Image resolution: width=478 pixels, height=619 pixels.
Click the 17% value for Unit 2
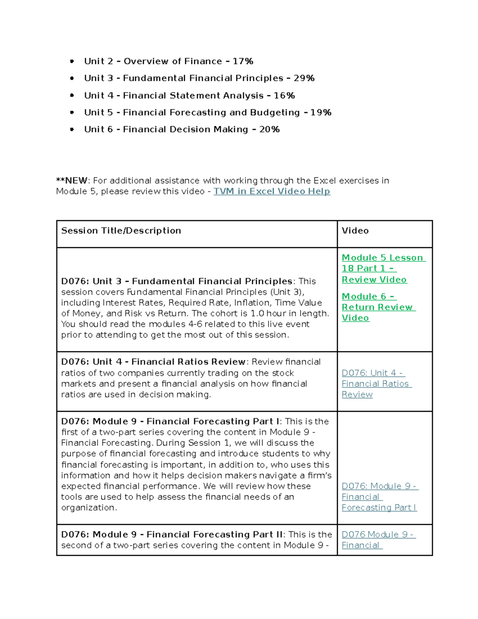point(243,61)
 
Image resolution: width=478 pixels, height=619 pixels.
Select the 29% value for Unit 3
point(304,78)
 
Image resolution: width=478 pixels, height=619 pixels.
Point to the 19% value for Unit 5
point(321,112)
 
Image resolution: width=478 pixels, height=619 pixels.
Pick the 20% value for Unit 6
point(269,130)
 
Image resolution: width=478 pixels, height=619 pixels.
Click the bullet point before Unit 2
point(72,61)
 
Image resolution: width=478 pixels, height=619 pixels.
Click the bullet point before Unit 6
point(72,130)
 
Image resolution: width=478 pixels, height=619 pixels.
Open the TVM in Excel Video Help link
point(272,191)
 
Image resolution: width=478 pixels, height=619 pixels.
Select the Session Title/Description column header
point(121,231)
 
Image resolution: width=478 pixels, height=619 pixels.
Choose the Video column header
point(355,231)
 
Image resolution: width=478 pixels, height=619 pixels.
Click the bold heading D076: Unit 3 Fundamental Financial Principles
point(176,281)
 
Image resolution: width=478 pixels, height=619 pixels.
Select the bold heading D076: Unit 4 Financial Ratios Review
point(153,362)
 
